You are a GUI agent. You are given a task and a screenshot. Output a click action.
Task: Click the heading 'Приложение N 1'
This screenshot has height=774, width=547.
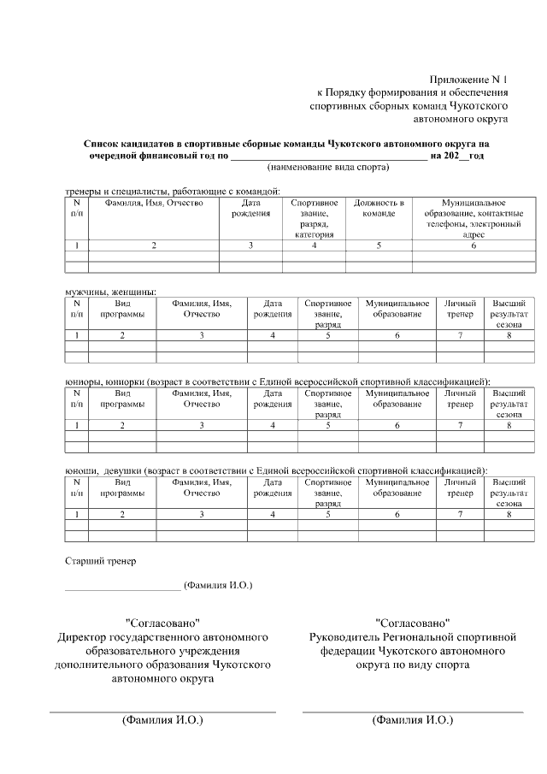(x=468, y=77)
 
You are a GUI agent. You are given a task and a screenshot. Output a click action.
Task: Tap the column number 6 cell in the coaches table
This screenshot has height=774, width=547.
(x=473, y=246)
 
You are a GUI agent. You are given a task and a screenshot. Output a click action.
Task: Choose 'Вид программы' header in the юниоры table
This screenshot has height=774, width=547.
(x=122, y=398)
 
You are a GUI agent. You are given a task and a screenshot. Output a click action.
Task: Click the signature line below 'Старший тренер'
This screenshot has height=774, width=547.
(x=123, y=589)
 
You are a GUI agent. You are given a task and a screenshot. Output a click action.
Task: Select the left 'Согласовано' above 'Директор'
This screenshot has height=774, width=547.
(x=162, y=622)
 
